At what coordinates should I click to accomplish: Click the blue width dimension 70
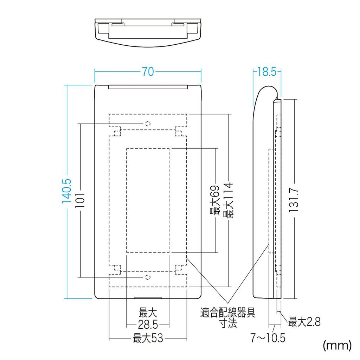[148, 72]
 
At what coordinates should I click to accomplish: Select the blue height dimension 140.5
[67, 191]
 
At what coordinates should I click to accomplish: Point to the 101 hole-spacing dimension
[81, 200]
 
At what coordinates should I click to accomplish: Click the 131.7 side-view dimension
[294, 200]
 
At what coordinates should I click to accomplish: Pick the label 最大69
[214, 200]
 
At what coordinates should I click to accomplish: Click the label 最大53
[148, 339]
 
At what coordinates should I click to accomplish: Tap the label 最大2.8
[304, 321]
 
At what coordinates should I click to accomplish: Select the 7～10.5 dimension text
[268, 338]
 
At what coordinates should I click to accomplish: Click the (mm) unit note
[337, 345]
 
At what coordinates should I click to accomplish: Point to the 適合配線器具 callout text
[228, 312]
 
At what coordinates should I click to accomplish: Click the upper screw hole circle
[148, 123]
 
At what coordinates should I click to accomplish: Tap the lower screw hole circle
[148, 277]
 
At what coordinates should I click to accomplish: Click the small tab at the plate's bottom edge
[148, 298]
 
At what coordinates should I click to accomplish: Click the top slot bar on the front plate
[148, 87]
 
